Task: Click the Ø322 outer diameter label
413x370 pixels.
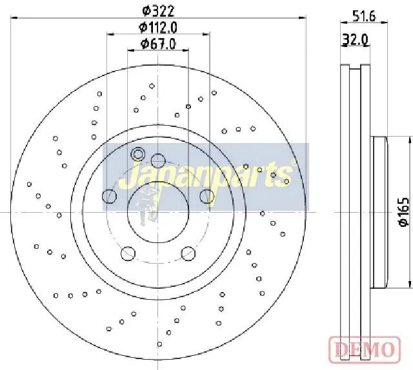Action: coord(158,11)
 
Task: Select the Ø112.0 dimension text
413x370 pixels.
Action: coord(158,27)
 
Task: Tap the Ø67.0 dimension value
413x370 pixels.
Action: coord(158,44)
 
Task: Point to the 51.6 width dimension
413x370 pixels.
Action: coord(364,16)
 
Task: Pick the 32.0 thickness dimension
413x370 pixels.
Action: coord(355,40)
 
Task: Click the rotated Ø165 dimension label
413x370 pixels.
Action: coord(403,212)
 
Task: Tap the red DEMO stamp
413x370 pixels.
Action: coord(365,349)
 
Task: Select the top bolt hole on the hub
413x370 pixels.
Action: coord(158,161)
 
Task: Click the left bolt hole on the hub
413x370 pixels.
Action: coord(109,196)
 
